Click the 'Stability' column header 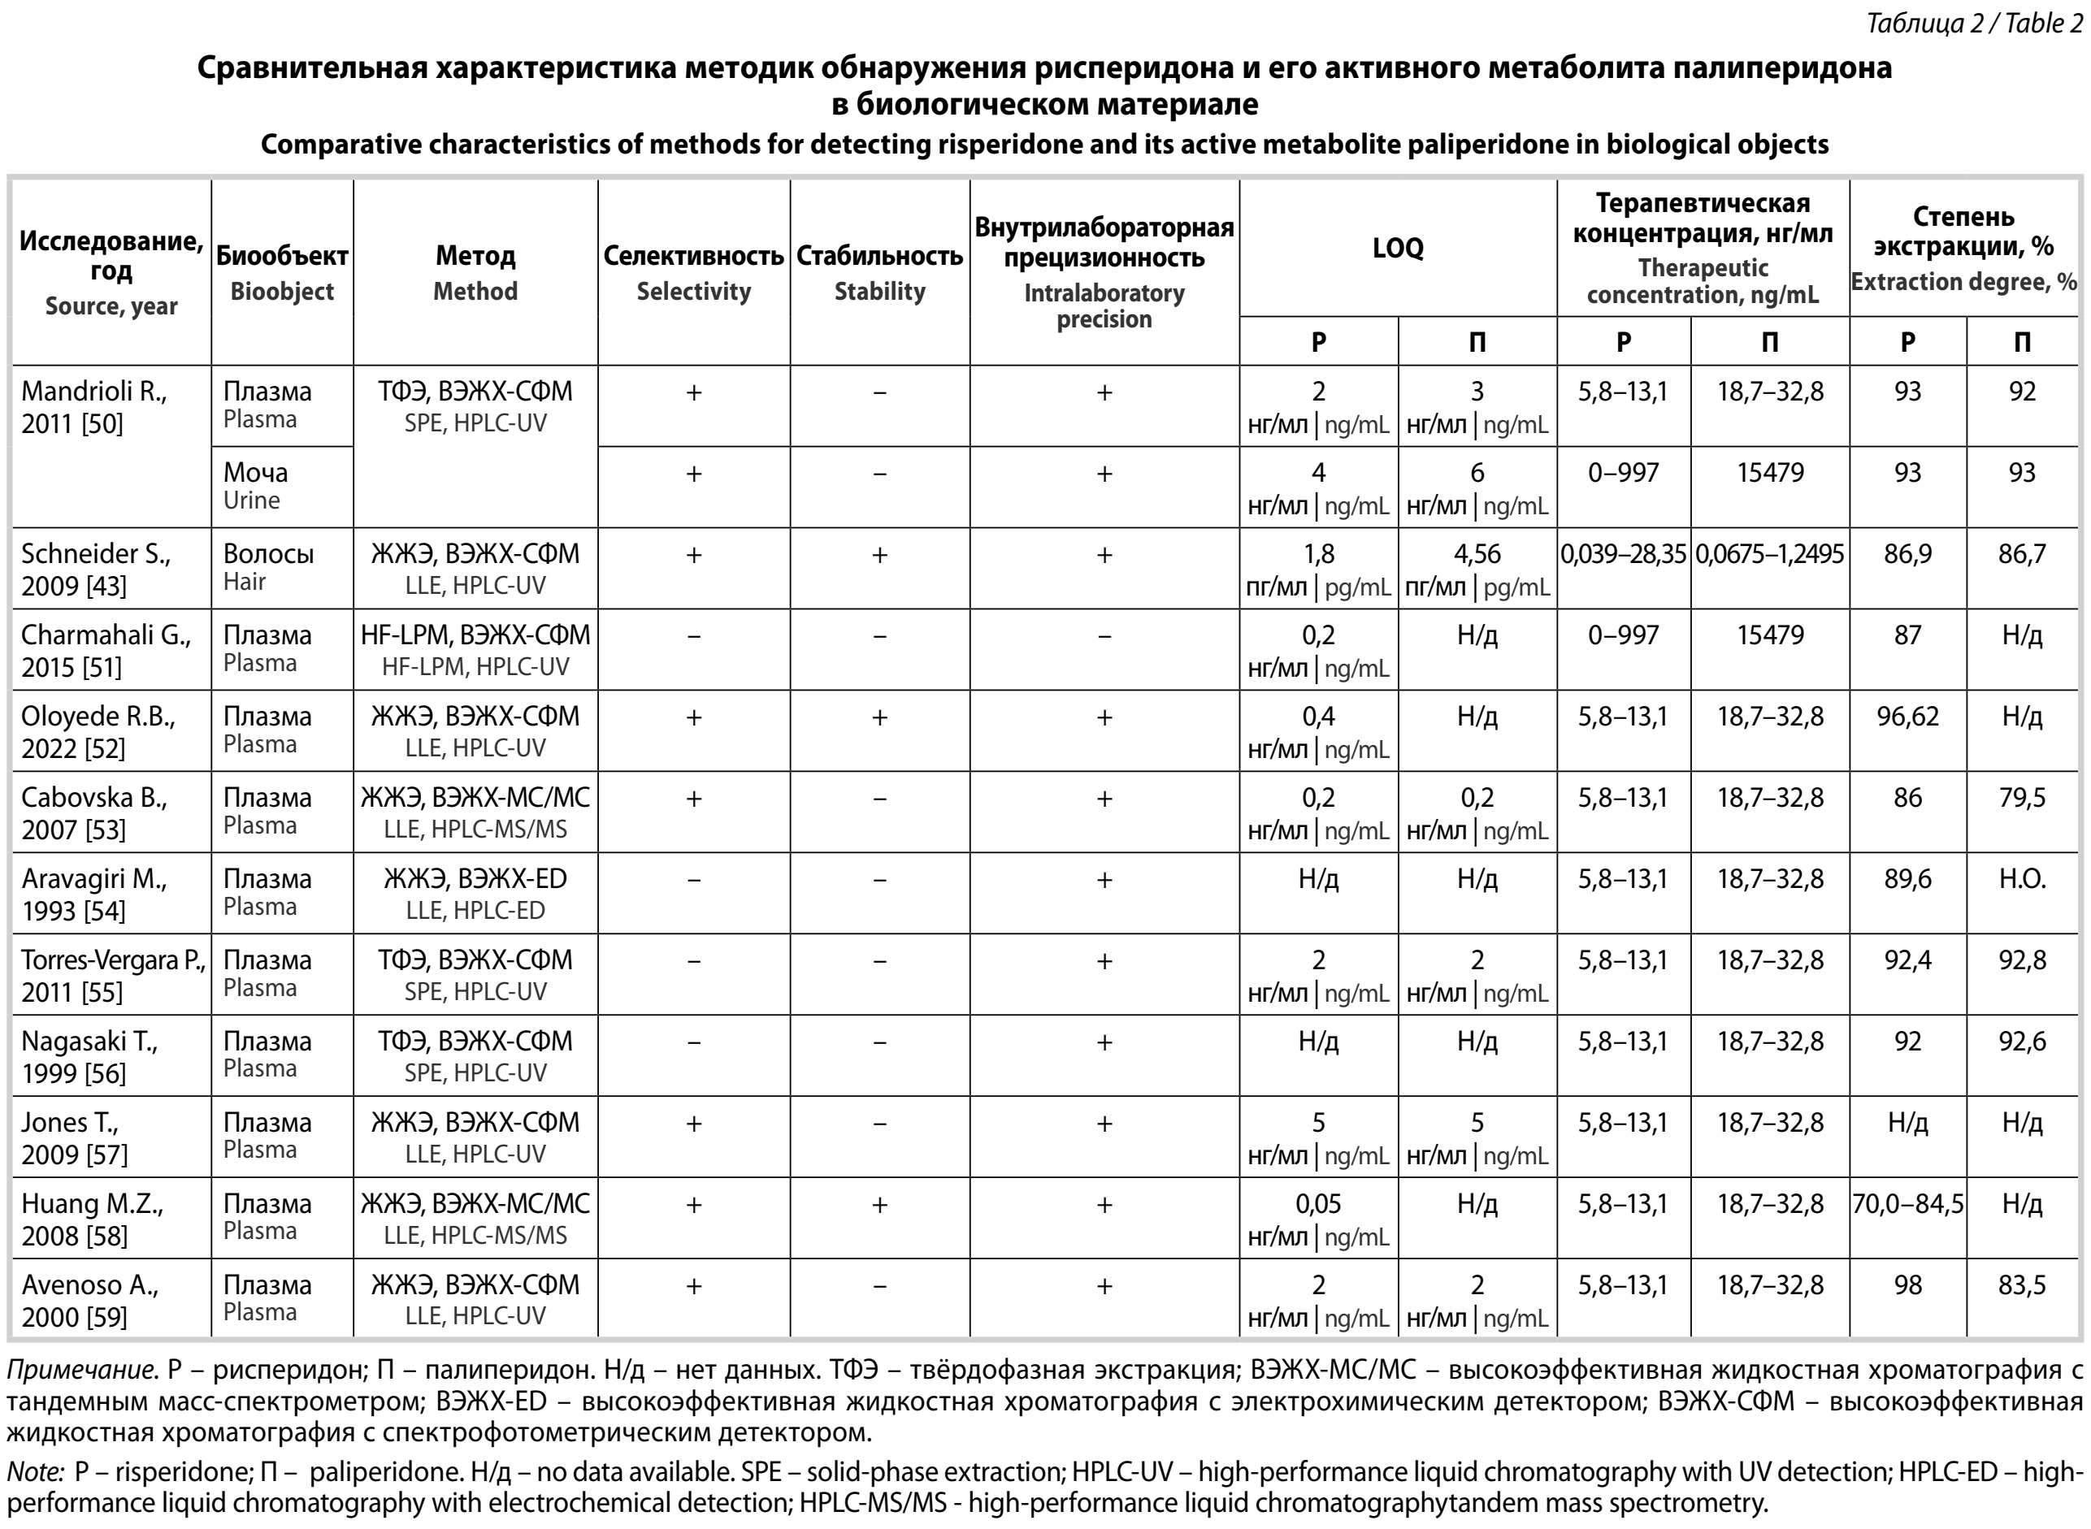pyautogui.click(x=879, y=272)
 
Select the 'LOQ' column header pyautogui.click(x=1398, y=248)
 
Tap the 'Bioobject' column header pyautogui.click(x=281, y=272)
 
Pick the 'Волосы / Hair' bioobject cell pyautogui.click(x=268, y=566)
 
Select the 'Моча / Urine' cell pyautogui.click(x=255, y=486)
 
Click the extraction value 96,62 pyautogui.click(x=1907, y=717)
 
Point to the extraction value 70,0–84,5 pyautogui.click(x=1907, y=1204)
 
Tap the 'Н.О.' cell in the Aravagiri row pyautogui.click(x=2022, y=879)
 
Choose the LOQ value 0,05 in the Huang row pyautogui.click(x=1318, y=1204)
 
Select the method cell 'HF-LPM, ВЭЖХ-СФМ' pyautogui.click(x=475, y=650)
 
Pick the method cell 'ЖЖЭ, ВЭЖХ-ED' pyautogui.click(x=475, y=893)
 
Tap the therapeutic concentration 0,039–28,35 pyautogui.click(x=1624, y=554)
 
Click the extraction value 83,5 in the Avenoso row pyautogui.click(x=2022, y=1284)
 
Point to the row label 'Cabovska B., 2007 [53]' pyautogui.click(x=94, y=812)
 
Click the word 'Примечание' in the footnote pyautogui.click(x=79, y=1370)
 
